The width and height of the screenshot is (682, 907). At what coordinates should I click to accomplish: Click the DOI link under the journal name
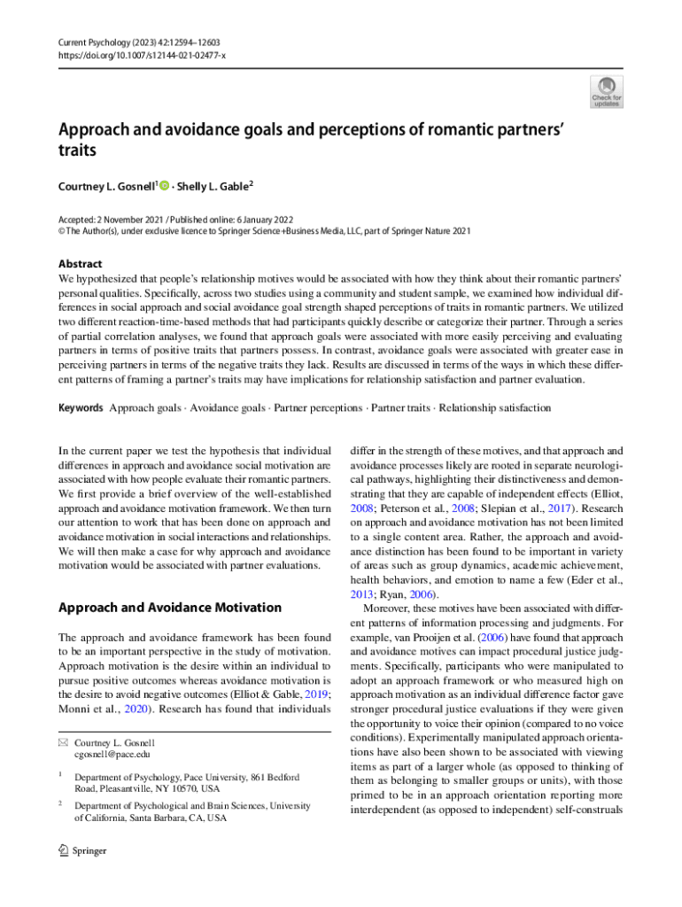pos(140,54)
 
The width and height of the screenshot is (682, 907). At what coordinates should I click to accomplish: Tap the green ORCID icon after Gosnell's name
pos(165,185)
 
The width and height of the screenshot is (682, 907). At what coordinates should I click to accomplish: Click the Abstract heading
pos(80,264)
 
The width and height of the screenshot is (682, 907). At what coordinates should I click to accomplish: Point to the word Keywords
pos(81,408)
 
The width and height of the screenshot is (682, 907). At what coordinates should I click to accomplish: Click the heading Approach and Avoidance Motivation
pos(169,608)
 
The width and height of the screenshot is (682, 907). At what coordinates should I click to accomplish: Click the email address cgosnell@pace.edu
pos(112,754)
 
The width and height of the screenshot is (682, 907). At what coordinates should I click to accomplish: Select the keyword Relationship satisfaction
pos(495,408)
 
